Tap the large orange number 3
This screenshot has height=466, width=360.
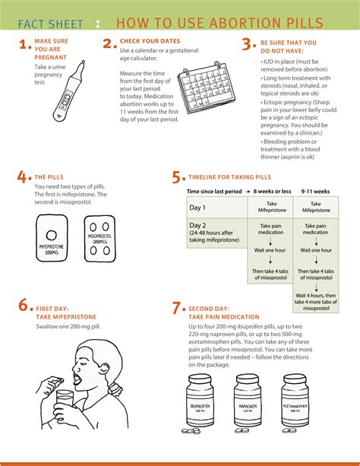coord(247,45)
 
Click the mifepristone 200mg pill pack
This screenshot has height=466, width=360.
coord(56,239)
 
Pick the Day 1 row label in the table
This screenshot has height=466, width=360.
coord(199,208)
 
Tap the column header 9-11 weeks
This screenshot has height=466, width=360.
coord(316,192)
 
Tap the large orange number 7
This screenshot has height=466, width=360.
coord(177,308)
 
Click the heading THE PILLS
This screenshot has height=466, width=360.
coord(50,177)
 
